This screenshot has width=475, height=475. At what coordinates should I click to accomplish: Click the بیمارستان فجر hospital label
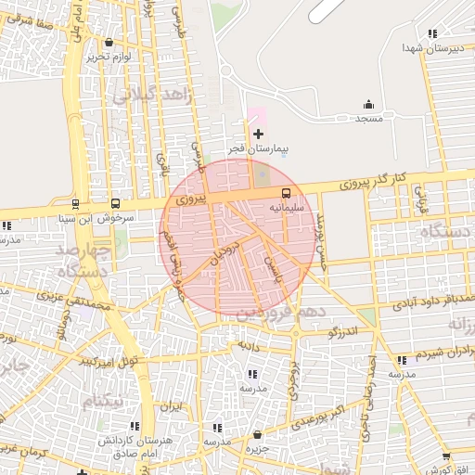260,148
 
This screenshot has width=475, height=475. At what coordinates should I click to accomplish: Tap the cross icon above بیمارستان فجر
258,135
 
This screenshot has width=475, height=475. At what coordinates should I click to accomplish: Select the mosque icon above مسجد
369,104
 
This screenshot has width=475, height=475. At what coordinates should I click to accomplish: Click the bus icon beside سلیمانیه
286,194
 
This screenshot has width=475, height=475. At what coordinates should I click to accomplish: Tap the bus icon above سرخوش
115,203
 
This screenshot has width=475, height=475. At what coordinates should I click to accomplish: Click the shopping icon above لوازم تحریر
109,43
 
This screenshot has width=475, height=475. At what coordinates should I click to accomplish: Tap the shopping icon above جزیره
257,434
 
